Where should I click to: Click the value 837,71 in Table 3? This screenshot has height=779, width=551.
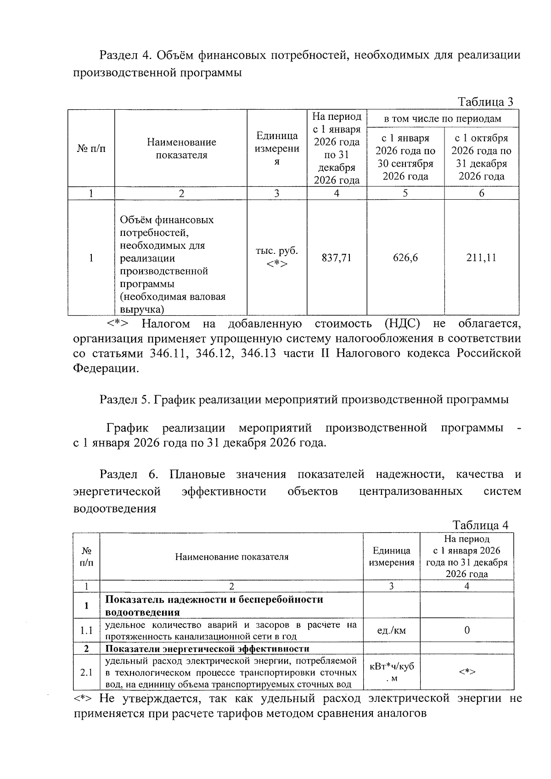point(336,258)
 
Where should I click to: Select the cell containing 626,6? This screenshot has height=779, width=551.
point(405,258)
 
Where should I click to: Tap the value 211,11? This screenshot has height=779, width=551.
point(481,258)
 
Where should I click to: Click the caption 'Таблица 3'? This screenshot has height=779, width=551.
point(485,102)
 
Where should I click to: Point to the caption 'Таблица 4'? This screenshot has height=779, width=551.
point(481,525)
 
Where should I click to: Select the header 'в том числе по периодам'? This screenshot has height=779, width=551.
point(442,119)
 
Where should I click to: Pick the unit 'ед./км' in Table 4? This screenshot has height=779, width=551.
point(391,630)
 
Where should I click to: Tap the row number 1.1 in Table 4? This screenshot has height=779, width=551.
point(86,631)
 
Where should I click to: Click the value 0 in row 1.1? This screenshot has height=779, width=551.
point(467,630)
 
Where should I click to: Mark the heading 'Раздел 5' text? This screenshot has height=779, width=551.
point(125,399)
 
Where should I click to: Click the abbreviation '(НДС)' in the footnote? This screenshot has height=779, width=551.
point(402,324)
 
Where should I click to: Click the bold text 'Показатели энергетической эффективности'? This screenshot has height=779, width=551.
point(207,648)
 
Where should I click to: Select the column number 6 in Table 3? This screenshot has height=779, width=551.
point(481,193)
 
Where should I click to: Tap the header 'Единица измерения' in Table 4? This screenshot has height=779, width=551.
point(391,556)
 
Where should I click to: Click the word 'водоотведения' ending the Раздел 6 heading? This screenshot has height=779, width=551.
point(115,509)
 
